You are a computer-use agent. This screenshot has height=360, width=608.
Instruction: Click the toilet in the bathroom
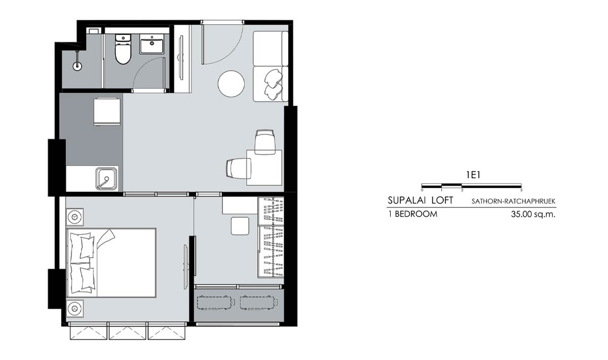tap(123, 49)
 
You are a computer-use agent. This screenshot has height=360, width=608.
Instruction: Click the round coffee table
tap(231, 84)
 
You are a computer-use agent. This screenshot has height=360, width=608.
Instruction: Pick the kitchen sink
tap(106, 178)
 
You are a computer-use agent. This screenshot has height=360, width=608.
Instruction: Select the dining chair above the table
tap(266, 142)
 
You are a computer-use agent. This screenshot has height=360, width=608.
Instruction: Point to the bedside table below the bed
tap(74, 308)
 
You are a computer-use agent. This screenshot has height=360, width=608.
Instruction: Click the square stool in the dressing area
tap(240, 226)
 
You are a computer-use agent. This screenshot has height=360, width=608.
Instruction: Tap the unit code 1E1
tap(473, 175)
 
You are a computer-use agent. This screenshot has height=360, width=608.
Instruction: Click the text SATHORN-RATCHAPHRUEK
tap(513, 201)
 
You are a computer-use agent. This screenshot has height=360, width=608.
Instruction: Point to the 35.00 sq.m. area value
tap(533, 214)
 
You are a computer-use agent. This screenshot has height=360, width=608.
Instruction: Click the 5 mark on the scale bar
tap(521, 190)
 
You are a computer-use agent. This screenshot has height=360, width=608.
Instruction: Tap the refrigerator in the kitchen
tap(106, 111)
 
